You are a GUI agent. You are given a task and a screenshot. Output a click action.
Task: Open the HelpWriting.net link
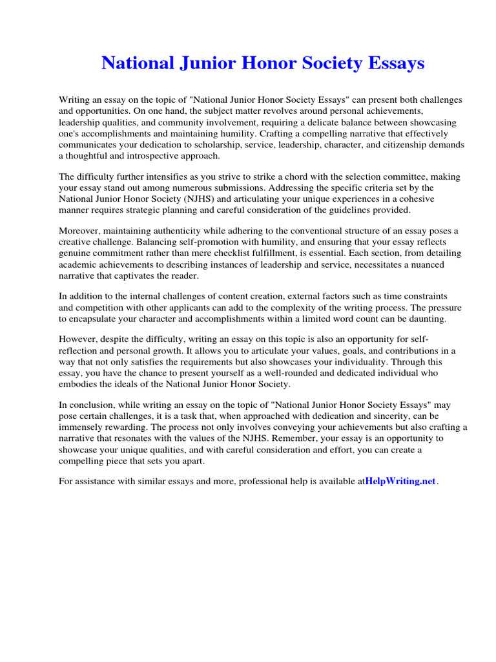[x=401, y=481]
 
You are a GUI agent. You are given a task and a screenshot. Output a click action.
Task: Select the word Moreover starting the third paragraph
[x=80, y=231]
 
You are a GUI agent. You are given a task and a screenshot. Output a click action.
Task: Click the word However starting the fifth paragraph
[x=78, y=339]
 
